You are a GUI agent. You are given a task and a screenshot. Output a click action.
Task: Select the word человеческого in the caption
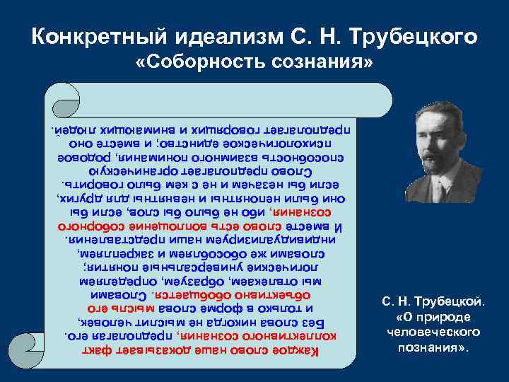pyautogui.click(x=434, y=332)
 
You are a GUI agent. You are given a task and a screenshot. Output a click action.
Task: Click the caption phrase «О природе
pyautogui.click(x=434, y=318)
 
